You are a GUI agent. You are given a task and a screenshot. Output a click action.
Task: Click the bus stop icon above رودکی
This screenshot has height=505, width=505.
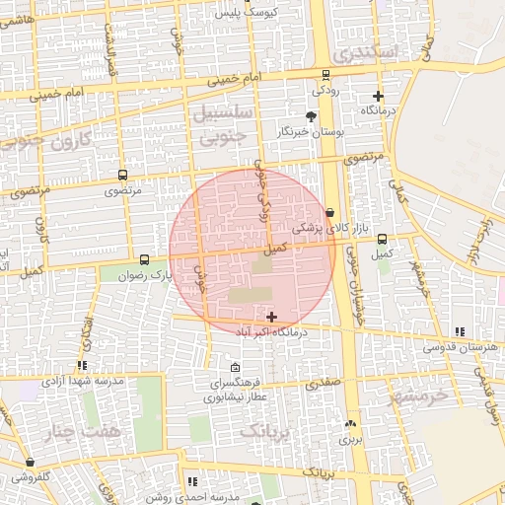tap(325, 75)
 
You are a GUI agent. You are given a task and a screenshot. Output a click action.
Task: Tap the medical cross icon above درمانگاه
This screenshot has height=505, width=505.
tap(378, 97)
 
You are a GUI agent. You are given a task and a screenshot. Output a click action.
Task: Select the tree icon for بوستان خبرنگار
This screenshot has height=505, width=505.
tap(312, 117)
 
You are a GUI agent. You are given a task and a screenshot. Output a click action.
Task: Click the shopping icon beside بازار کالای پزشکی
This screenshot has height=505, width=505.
tap(329, 212)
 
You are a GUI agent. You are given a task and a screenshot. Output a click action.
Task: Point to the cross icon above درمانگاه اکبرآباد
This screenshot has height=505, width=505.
tap(271, 317)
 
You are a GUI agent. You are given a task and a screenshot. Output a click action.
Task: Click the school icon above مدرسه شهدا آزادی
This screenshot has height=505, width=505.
tap(82, 365)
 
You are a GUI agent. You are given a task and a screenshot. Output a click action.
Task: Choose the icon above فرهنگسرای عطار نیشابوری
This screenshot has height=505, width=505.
tap(233, 367)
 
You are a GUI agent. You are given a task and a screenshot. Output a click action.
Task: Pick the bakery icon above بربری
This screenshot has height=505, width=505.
tap(351, 424)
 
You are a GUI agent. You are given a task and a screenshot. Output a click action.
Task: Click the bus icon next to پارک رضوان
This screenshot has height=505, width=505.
tap(145, 259)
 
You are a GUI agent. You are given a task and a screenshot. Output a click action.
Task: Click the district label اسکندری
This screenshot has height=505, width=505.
tap(365, 50)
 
